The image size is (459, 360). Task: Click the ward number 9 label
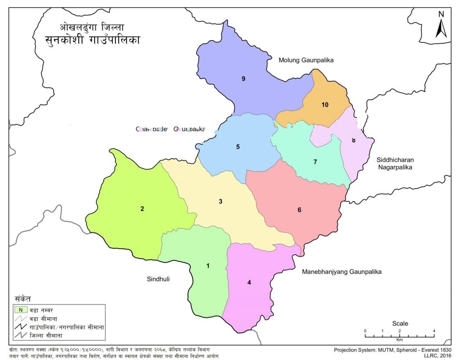[x=243, y=79]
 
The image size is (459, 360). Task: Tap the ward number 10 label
[x=325, y=105]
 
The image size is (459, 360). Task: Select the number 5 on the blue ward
[x=238, y=147]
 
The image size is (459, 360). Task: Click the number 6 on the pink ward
[x=299, y=210]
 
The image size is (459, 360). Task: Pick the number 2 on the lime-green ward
[x=142, y=209]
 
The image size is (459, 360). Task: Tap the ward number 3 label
[x=221, y=202]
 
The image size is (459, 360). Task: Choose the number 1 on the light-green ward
[x=208, y=266]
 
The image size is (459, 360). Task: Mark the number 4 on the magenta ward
[x=249, y=282]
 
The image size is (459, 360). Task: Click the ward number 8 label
[x=354, y=140]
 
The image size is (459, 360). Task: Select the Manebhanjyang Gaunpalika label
[x=342, y=272]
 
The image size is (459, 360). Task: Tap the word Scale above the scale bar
[x=400, y=323]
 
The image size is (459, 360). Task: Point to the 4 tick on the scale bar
[x=434, y=331]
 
